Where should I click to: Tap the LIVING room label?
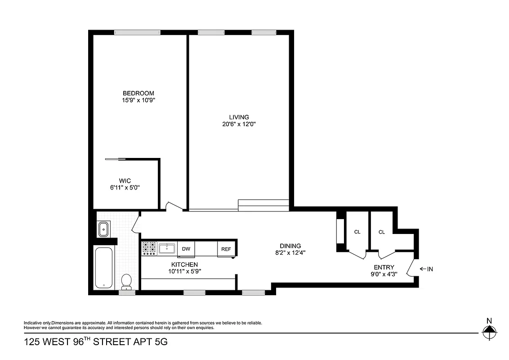point(239,117)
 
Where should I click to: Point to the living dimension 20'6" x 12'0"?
point(239,124)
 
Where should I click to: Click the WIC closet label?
point(125,180)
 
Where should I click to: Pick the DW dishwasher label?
point(185,248)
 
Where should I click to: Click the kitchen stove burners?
point(149,248)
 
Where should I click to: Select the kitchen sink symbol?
point(167,248)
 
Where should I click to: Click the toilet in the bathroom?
point(126,281)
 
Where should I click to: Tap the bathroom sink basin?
point(104,229)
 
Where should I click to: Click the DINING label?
point(290,246)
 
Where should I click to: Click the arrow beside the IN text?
point(423,269)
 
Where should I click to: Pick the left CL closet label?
point(357,232)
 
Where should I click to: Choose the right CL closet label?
point(381,232)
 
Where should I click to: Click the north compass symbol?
point(489,333)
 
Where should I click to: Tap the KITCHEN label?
point(184,265)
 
